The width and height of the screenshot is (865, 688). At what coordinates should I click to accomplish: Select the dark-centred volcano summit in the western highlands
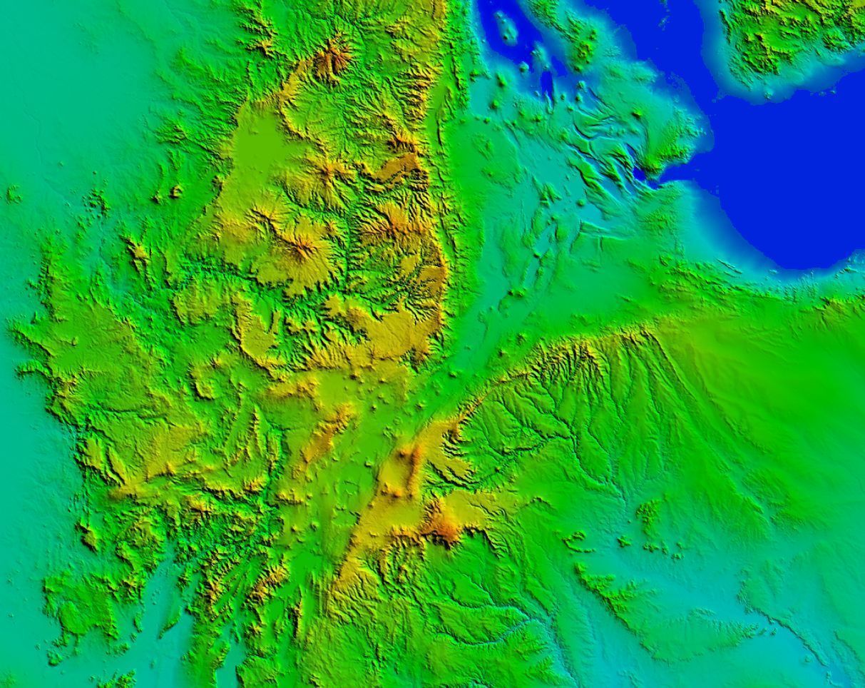click(x=303, y=248)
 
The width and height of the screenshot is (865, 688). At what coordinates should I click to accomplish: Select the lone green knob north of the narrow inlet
click(x=637, y=114)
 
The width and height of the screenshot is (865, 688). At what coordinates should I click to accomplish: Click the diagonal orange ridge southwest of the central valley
click(x=324, y=435)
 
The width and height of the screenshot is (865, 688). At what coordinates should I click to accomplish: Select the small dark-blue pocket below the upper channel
click(x=547, y=86)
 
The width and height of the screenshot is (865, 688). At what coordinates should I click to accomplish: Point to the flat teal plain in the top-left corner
click(x=71, y=71)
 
